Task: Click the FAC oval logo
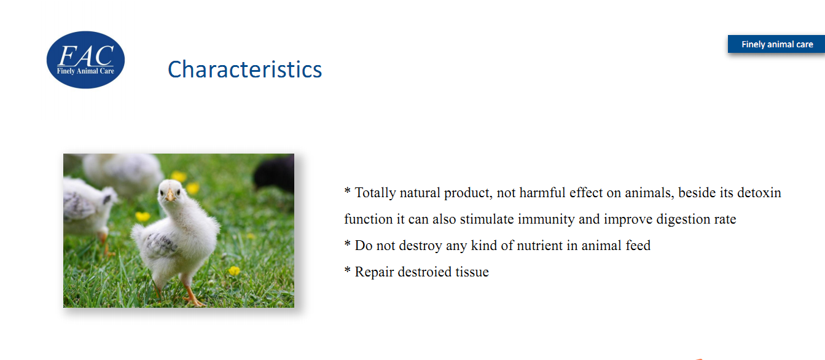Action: [x=85, y=60]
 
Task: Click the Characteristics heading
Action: [x=245, y=69]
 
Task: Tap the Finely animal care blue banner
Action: [x=776, y=44]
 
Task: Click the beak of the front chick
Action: [x=170, y=195]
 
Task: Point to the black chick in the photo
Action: [x=275, y=174]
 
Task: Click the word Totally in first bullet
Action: [x=375, y=193]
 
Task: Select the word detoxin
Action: [x=759, y=193]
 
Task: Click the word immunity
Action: [x=546, y=219]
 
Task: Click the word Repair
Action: [x=374, y=272]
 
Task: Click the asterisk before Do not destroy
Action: [x=347, y=243]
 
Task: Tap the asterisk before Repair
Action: [x=347, y=270]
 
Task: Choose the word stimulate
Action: [x=487, y=219]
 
